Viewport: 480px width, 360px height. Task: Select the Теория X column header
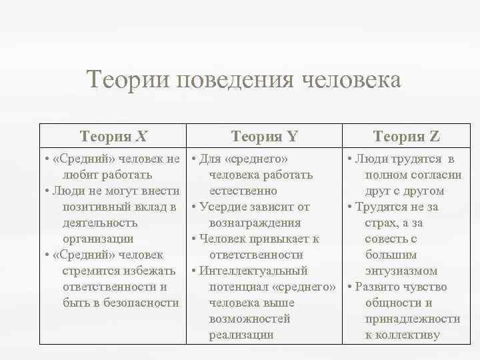[x=113, y=137]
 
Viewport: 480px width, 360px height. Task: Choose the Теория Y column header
[x=264, y=137]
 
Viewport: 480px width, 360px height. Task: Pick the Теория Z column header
[x=407, y=137]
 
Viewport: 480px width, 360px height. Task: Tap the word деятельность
[x=100, y=223]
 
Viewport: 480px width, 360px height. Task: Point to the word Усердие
[x=223, y=207]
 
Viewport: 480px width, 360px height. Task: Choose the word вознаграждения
[x=255, y=223]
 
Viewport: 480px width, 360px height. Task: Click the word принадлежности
[x=412, y=319]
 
